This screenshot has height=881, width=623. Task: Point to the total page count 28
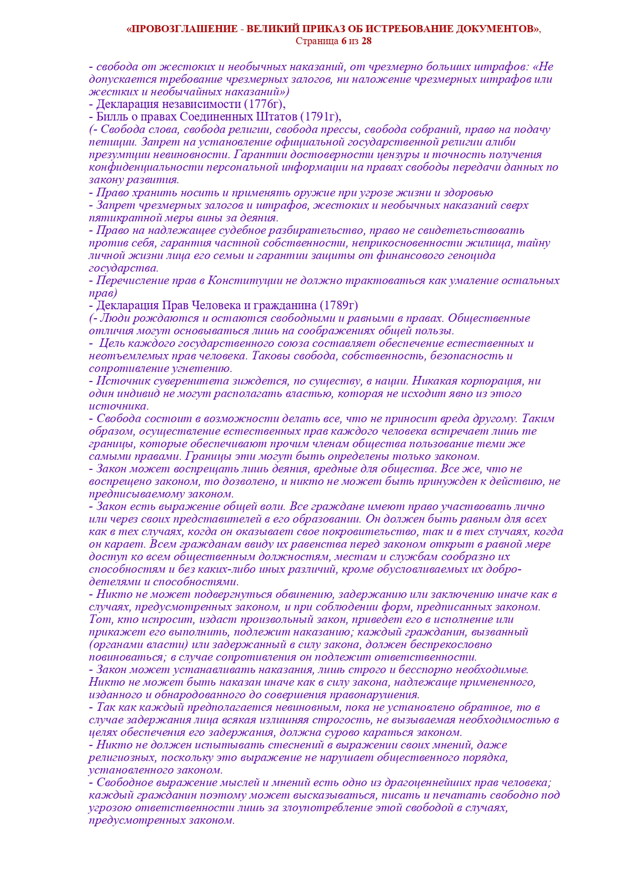(366, 41)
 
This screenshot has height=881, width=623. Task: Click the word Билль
(107, 117)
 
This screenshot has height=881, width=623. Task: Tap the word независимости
(202, 104)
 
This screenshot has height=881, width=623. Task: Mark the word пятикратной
(117, 218)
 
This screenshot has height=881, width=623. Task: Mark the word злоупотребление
(320, 808)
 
